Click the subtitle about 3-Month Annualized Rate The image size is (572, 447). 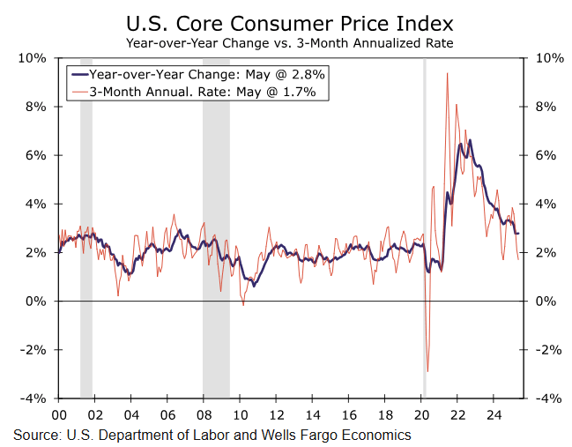pos(290,41)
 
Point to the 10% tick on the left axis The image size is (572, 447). pos(33,58)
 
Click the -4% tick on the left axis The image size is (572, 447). pos(33,399)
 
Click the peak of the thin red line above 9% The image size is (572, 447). pos(448,73)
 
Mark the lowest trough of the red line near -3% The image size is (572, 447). pos(427,371)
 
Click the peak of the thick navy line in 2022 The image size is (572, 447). pos(470,140)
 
